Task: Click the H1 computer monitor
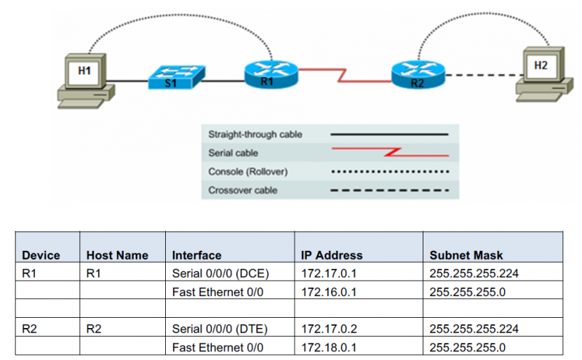click(85, 71)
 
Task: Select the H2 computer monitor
click(540, 66)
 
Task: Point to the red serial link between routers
click(342, 73)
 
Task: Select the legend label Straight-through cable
click(255, 135)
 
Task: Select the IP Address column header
click(331, 255)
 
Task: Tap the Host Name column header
click(117, 255)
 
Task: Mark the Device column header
click(41, 255)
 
